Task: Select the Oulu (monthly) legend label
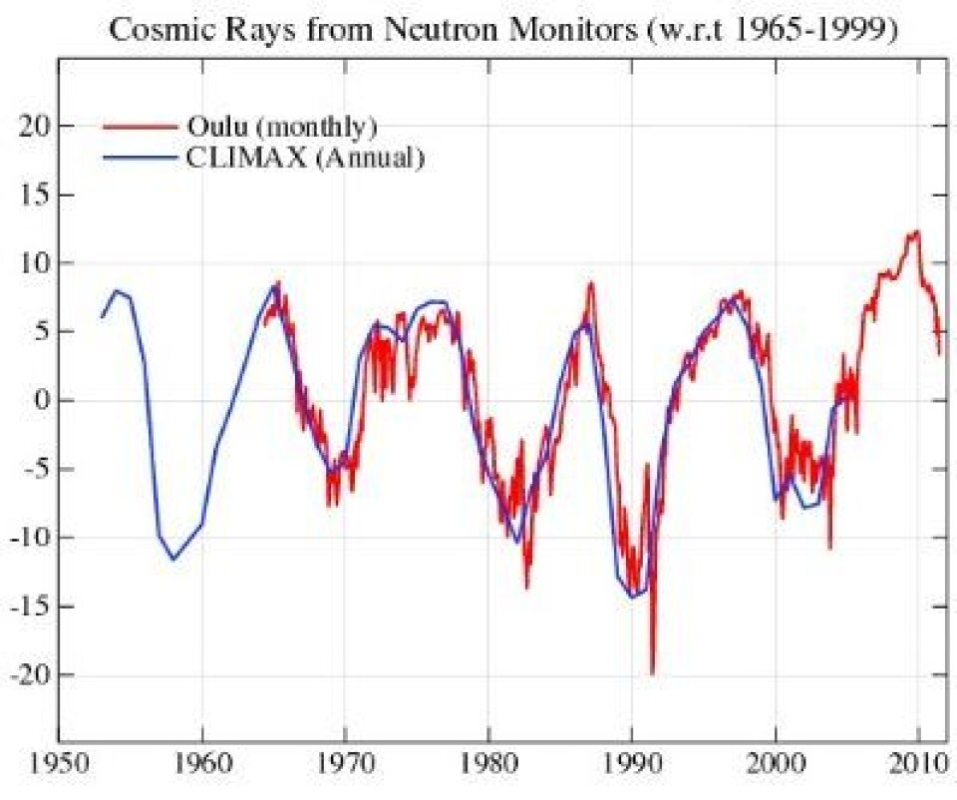(x=280, y=127)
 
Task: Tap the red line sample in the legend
(x=140, y=127)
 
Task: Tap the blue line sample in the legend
(x=140, y=157)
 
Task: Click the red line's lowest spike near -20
(x=652, y=673)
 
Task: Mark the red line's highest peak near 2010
(x=916, y=231)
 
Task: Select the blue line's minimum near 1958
(x=173, y=559)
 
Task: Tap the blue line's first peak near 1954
(x=117, y=290)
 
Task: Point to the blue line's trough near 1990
(x=632, y=598)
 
